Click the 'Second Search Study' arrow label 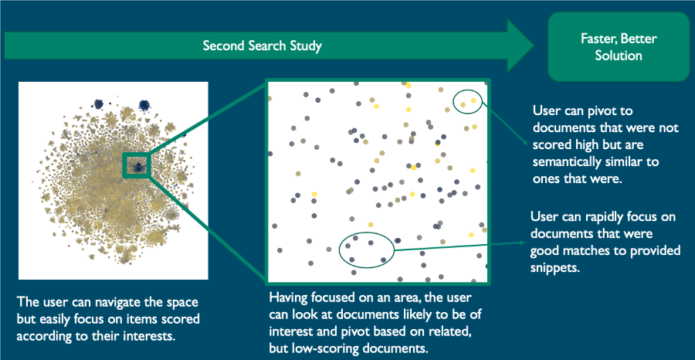click(x=262, y=46)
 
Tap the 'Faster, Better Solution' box click(x=619, y=47)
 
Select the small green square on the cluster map click(x=137, y=165)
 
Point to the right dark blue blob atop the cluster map click(x=144, y=105)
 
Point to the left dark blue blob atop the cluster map click(x=98, y=104)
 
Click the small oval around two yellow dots click(x=467, y=101)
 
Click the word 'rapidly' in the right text click(x=597, y=218)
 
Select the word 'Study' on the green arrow click(x=307, y=46)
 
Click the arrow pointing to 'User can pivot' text click(x=505, y=122)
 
